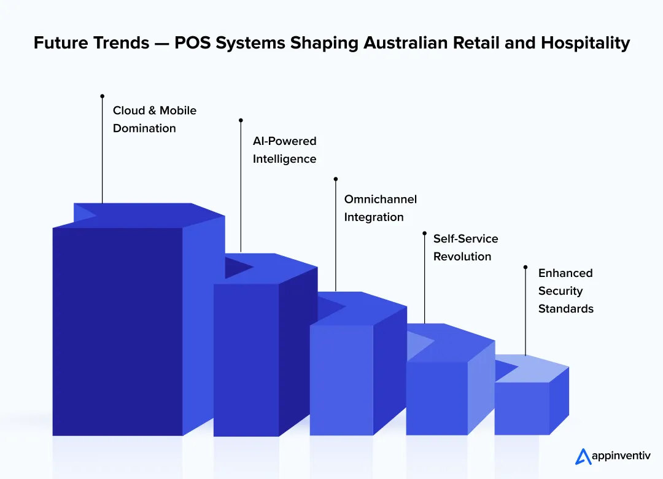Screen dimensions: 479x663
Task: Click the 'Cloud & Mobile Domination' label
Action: [x=154, y=119]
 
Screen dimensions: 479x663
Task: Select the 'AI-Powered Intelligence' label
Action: [x=284, y=150]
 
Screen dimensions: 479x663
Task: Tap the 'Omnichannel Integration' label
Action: [x=380, y=208]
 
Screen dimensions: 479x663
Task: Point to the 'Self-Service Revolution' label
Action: [x=465, y=247]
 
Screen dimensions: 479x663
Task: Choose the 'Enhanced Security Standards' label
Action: [x=565, y=290]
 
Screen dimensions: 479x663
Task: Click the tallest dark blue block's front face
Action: [x=117, y=332]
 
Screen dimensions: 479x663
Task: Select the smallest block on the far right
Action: [x=522, y=408]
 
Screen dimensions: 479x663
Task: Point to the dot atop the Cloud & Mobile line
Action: [x=102, y=96]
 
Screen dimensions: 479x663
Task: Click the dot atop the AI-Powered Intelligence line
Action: [x=241, y=120]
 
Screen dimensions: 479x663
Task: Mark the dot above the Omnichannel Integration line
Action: [x=335, y=179]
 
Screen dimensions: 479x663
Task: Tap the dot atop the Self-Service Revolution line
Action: [x=424, y=233]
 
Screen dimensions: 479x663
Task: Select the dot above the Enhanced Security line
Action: [x=525, y=267]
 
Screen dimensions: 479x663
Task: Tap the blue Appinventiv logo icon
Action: [x=583, y=456]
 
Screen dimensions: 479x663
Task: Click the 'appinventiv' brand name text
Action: [x=621, y=456]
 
